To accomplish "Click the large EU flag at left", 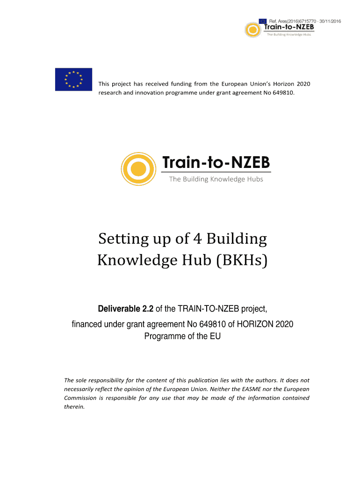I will [x=73, y=79].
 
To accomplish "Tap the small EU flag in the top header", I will [x=263, y=21].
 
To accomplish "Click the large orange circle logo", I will [x=138, y=168].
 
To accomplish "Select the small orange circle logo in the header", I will [x=253, y=30].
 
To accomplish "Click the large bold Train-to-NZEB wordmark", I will [x=216, y=163].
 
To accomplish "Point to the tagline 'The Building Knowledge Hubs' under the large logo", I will [x=216, y=179].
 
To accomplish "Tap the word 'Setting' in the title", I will [x=121, y=239].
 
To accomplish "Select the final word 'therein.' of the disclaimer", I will [x=74, y=406].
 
